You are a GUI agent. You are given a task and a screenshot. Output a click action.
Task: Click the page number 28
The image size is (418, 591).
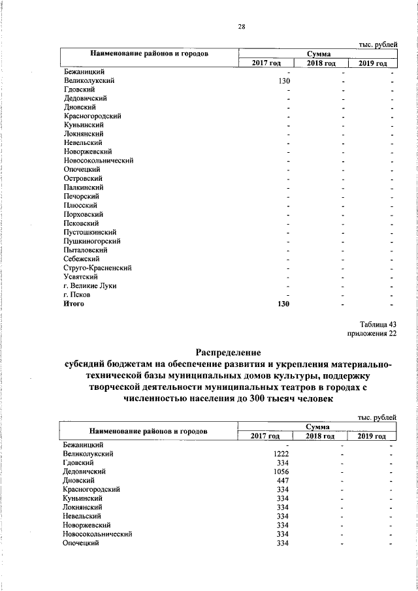click(241, 27)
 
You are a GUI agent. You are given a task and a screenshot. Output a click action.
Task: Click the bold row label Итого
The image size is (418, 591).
click(73, 303)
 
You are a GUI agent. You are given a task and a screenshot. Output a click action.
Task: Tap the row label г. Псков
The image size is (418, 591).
click(76, 295)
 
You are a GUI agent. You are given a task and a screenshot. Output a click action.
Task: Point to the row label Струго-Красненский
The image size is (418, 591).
click(99, 267)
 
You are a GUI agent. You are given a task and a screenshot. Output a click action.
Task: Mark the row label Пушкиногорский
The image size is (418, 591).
click(92, 240)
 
